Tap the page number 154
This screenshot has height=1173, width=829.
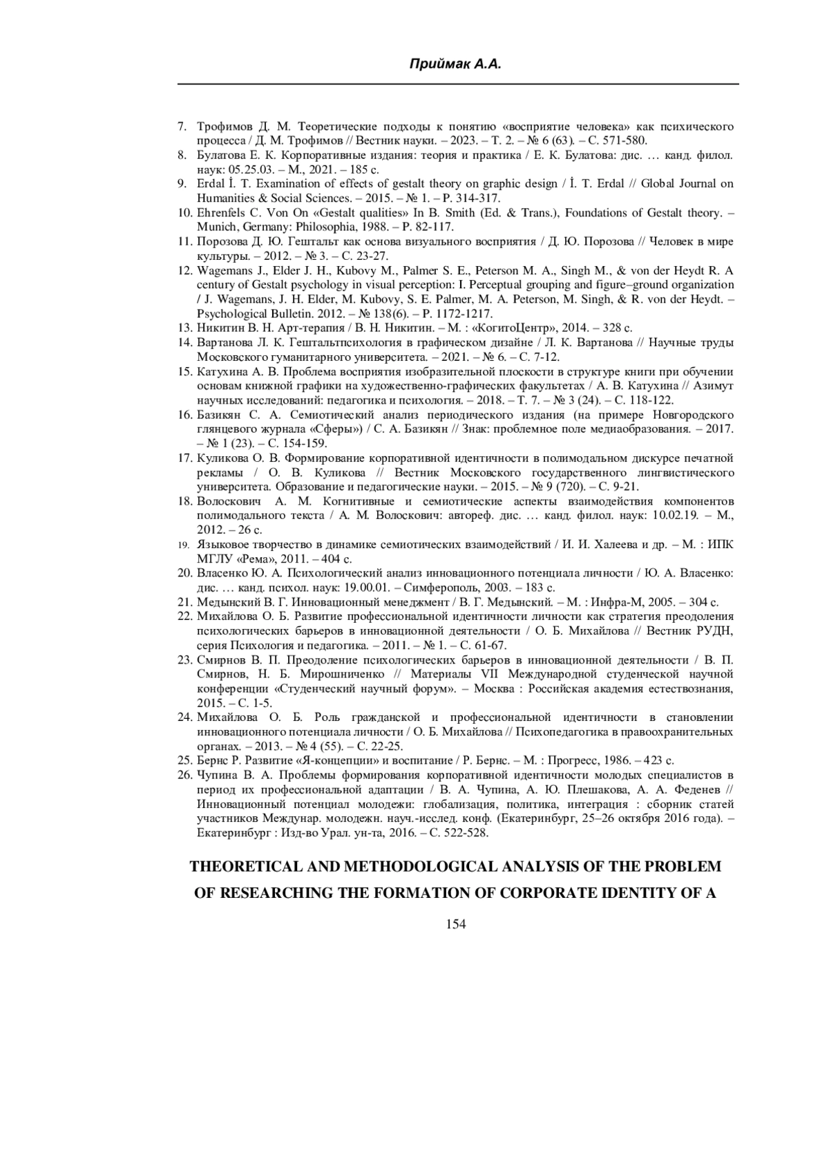pos(456,924)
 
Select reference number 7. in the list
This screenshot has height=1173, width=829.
pos(182,126)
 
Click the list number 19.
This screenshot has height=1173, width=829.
pos(183,545)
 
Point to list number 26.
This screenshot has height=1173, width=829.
pos(184,775)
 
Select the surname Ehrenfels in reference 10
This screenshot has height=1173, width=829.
pos(222,213)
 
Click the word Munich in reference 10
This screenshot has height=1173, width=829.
pos(215,227)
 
